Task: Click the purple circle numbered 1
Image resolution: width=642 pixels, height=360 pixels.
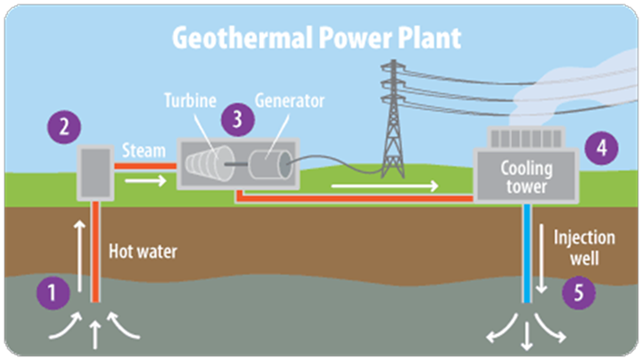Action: (53, 293)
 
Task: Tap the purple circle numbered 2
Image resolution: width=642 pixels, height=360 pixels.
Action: (64, 127)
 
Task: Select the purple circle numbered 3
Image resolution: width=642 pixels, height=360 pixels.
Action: (237, 120)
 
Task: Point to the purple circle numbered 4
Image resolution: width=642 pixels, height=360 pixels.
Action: (601, 148)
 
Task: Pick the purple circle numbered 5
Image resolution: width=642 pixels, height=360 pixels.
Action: (578, 293)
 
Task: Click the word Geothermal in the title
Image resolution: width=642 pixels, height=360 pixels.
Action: (243, 38)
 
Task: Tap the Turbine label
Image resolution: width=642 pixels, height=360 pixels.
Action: (191, 101)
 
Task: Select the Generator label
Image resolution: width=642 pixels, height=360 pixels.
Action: (290, 101)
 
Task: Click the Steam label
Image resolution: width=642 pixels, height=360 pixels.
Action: (144, 150)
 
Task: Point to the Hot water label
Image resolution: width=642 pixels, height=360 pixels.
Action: (143, 252)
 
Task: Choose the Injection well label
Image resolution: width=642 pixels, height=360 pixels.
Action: (585, 248)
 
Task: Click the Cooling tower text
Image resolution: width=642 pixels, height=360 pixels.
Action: (526, 177)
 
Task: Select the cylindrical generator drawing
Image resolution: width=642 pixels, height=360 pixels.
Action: (270, 165)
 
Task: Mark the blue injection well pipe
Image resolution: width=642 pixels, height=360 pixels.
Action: (527, 253)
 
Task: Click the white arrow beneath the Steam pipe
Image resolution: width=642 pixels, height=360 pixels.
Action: (146, 180)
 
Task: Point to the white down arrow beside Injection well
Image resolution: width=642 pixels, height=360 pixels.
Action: (542, 259)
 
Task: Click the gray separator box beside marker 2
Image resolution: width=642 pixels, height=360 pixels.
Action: (96, 173)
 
